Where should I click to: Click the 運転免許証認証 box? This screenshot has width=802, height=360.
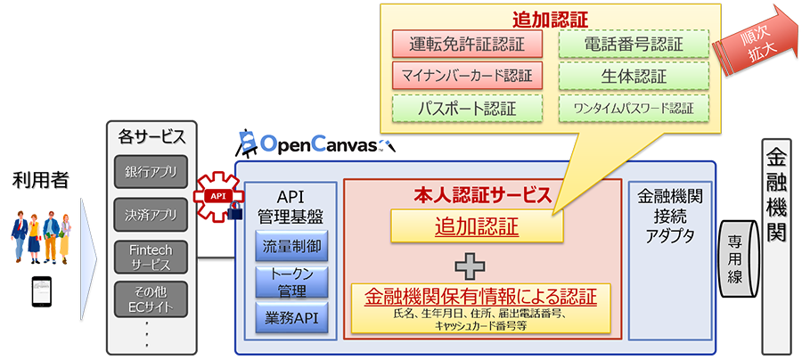[x=467, y=44]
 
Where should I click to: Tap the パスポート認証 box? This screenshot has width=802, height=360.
[x=467, y=108]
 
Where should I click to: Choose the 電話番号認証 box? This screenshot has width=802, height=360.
[x=633, y=44]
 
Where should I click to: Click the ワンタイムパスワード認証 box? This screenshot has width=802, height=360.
[x=633, y=108]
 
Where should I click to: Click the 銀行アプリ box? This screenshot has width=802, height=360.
[x=151, y=172]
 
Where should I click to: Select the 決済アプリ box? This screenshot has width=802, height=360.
[x=151, y=214]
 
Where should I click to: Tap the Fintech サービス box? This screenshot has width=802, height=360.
[x=151, y=258]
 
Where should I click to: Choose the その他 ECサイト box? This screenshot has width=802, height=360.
[x=151, y=300]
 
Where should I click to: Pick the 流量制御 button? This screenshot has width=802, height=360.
[x=292, y=245]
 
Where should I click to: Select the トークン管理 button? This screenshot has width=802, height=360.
[x=292, y=282]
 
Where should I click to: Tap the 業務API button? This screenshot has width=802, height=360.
[x=292, y=318]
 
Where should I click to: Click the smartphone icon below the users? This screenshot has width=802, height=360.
[x=40, y=290]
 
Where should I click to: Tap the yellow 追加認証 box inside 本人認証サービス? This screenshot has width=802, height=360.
[x=477, y=228]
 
